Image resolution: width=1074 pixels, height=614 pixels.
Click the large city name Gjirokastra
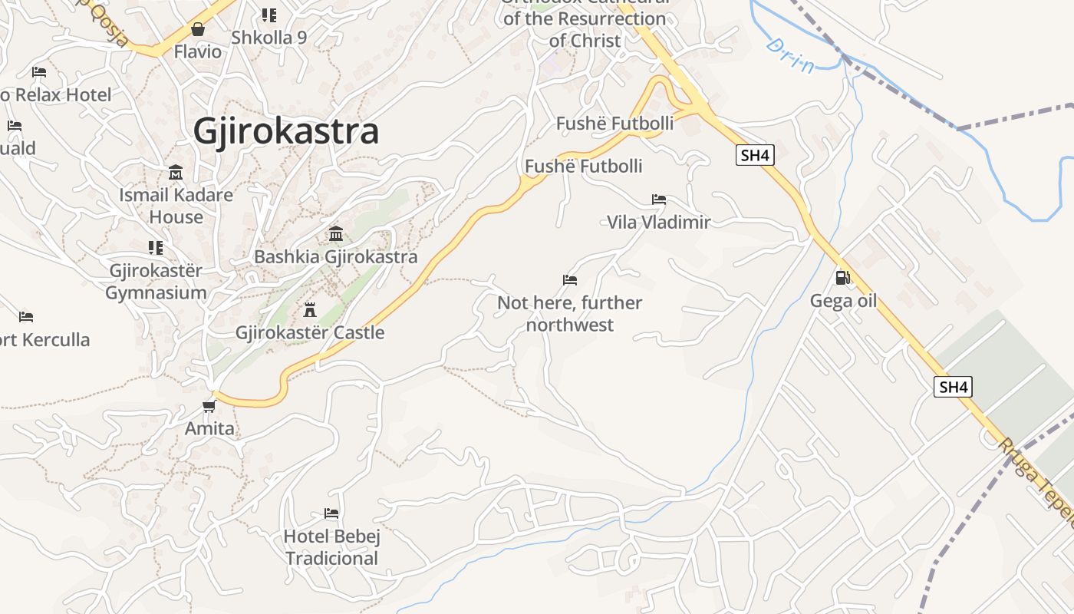point(285,131)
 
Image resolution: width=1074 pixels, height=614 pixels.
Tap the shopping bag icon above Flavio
point(198,29)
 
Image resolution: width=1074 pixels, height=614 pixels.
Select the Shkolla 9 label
point(268,38)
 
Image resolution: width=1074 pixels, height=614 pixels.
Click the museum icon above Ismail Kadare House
point(176,172)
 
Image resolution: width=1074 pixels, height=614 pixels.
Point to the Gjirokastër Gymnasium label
point(156,282)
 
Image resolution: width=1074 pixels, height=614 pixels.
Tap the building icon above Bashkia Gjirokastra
point(336,233)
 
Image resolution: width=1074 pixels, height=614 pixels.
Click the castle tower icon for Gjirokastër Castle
point(310,310)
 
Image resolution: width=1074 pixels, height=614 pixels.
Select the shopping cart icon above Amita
point(209,405)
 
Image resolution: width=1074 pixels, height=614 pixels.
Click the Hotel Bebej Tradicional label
point(331,546)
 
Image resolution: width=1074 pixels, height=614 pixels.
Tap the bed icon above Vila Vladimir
point(659,200)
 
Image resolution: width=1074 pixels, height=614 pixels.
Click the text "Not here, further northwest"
point(569,314)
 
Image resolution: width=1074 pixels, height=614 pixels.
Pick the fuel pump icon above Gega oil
point(842,278)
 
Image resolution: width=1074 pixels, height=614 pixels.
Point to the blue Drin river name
point(790,55)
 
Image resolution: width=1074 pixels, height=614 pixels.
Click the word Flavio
point(197,52)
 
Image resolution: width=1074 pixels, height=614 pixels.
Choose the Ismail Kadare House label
point(176,206)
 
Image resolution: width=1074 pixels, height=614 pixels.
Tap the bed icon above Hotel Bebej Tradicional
point(331,513)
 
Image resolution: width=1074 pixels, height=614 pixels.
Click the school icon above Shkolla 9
point(268,15)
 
